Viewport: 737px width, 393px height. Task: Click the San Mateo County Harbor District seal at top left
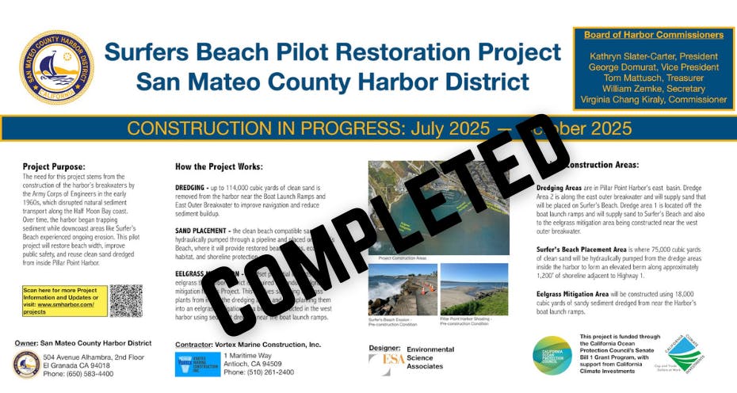tap(56, 67)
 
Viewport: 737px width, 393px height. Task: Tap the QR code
tap(126, 300)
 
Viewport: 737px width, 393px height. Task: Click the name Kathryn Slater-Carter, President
tap(654, 57)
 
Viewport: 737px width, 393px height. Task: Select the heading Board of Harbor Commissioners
tap(653, 35)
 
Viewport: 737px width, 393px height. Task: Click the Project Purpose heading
tap(54, 167)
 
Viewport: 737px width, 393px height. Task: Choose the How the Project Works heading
tap(218, 167)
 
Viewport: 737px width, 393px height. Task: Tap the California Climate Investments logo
tap(683, 353)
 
